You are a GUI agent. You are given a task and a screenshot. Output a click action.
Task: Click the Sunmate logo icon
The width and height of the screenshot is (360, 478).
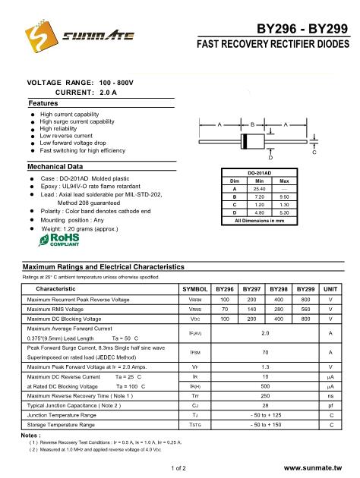37,33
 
